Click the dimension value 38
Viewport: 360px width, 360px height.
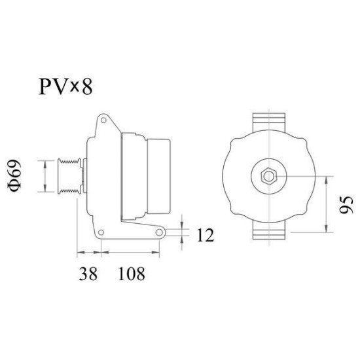coord(88,274)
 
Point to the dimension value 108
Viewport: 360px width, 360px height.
coord(131,274)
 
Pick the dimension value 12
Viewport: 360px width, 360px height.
coord(205,235)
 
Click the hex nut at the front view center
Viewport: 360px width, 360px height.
coord(268,176)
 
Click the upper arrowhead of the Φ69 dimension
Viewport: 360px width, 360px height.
coord(44,162)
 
